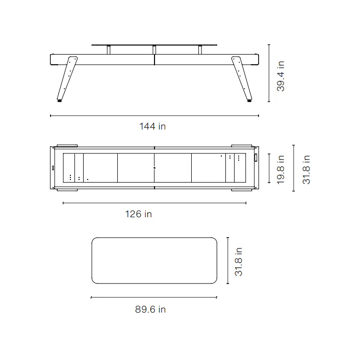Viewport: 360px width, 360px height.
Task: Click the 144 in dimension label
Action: tap(152, 126)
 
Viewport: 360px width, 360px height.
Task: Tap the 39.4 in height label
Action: tap(280, 76)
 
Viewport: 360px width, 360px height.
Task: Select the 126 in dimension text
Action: tap(139, 214)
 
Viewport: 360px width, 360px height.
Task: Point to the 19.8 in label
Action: tap(280, 169)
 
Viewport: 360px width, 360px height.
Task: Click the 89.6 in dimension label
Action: tap(150, 309)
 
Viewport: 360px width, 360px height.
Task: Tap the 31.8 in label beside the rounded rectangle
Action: tap(238, 261)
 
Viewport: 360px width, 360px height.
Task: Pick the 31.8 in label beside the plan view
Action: tap(306, 169)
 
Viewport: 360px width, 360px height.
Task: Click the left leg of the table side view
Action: tap(67, 78)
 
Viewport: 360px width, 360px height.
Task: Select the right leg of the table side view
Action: tap(242, 78)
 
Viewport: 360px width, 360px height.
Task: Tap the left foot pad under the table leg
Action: tap(60, 100)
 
